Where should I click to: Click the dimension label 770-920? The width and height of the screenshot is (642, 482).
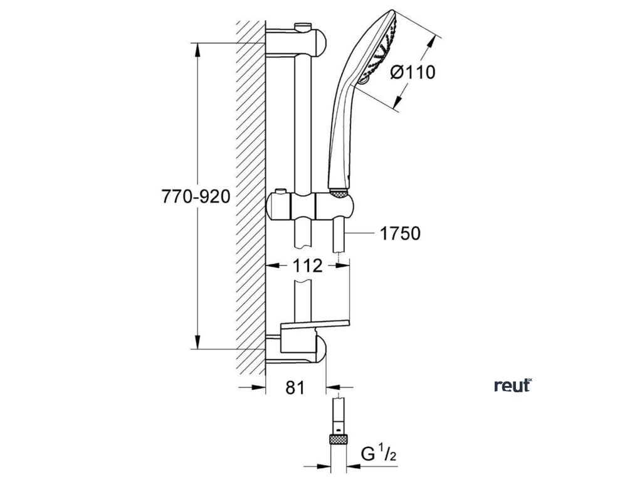[x=196, y=196]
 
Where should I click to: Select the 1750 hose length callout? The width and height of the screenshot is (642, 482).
[x=399, y=234]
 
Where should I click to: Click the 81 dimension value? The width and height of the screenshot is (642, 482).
[x=295, y=388]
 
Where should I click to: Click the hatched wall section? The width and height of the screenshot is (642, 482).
[x=251, y=195]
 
